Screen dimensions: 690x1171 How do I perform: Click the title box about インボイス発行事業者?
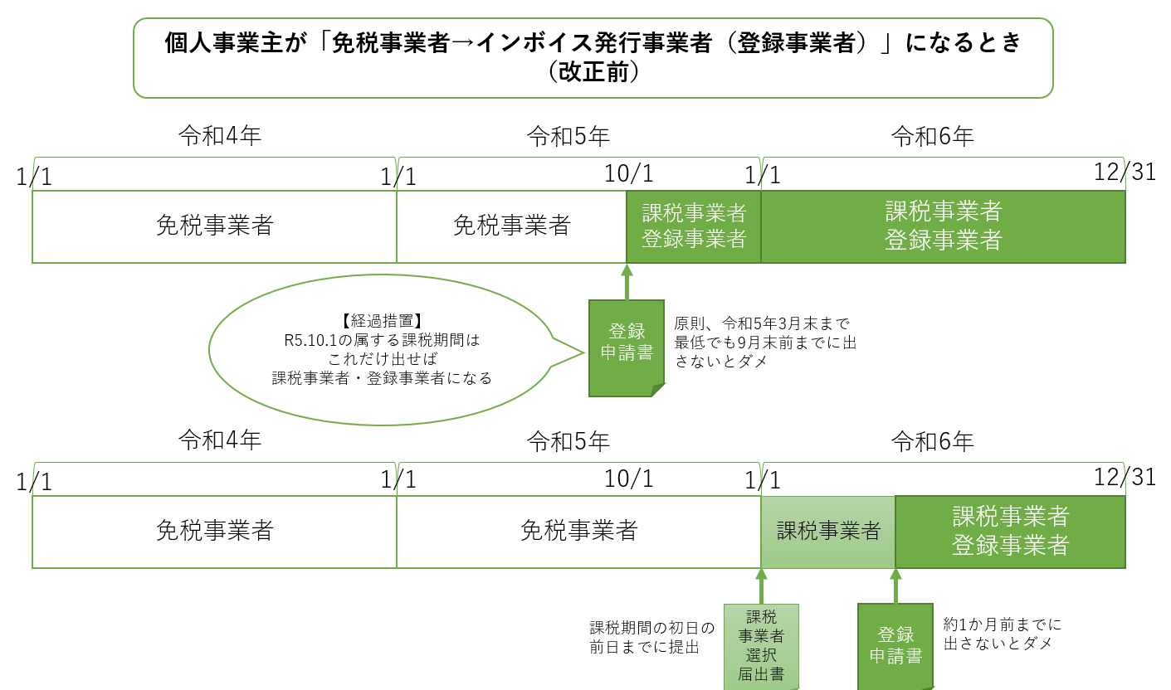[593, 57]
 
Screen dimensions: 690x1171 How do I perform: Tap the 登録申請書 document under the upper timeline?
[627, 347]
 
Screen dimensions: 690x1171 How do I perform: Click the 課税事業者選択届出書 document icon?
[761, 647]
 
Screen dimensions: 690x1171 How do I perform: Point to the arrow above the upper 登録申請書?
[627, 282]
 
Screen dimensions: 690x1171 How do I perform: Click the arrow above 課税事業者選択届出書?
[760, 586]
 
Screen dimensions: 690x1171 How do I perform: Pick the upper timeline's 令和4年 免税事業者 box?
[214, 226]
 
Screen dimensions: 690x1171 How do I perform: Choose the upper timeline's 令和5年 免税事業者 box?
[511, 226]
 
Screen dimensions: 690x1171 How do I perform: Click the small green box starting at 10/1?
[694, 226]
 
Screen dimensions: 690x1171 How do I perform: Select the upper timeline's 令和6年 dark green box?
[943, 226]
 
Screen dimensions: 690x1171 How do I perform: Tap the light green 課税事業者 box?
[828, 532]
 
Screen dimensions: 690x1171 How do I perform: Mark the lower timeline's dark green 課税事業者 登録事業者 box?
[1010, 532]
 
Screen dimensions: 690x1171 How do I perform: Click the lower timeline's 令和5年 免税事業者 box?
[578, 532]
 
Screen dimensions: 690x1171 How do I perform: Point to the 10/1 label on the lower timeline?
[629, 479]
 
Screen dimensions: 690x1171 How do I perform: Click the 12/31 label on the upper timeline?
[1125, 172]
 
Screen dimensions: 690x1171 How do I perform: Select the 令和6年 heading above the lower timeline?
[932, 441]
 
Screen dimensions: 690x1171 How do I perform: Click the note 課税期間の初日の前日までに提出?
[651, 637]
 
